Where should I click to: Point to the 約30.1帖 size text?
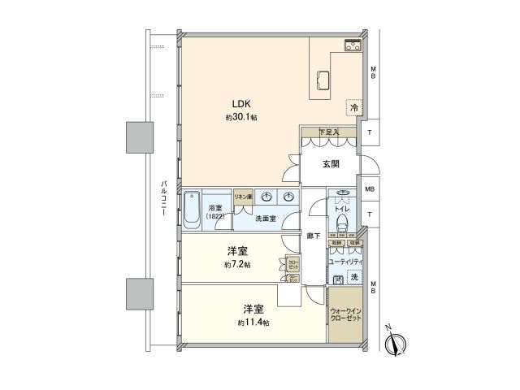[241, 118]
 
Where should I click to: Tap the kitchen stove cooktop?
[353, 45]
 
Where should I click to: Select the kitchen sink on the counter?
[323, 80]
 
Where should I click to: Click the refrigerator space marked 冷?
[353, 106]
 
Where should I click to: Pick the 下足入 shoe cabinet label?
[327, 132]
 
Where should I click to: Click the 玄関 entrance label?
[331, 163]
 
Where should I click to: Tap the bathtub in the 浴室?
[192, 210]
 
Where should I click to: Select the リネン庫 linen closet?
[243, 197]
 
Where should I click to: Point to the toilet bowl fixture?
[341, 219]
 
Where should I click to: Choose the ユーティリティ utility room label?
[346, 262]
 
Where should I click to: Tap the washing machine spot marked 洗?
[354, 278]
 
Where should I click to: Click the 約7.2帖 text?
[238, 265]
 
